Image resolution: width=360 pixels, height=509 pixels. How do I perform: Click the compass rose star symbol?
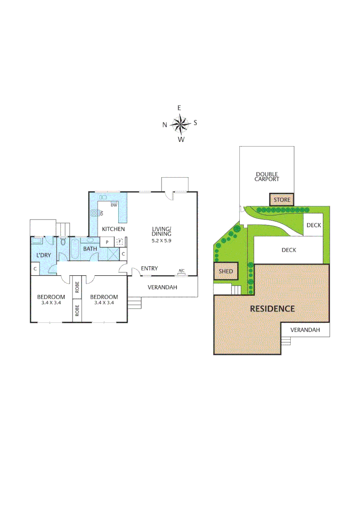click(180, 124)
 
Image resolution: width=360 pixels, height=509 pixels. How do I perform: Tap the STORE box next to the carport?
click(282, 200)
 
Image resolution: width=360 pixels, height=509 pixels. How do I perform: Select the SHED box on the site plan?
click(226, 271)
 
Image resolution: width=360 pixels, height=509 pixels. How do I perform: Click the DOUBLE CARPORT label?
click(267, 176)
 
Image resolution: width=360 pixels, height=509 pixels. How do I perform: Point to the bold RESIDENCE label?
click(272, 309)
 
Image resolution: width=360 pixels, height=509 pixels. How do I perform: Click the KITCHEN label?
click(114, 229)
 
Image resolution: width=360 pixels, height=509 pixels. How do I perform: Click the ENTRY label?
click(149, 269)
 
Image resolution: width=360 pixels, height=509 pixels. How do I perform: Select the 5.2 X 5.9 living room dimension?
click(161, 240)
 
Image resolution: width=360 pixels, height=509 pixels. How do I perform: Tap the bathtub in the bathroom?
click(75, 249)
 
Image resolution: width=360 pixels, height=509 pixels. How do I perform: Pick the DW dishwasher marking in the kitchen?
click(114, 205)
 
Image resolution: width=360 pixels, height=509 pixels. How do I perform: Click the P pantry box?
click(107, 242)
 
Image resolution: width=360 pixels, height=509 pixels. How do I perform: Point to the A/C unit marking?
click(181, 271)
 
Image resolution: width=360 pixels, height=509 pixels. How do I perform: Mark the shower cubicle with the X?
click(113, 253)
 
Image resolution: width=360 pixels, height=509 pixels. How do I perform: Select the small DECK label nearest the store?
click(313, 225)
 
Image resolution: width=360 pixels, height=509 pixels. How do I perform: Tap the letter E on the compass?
click(179, 108)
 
